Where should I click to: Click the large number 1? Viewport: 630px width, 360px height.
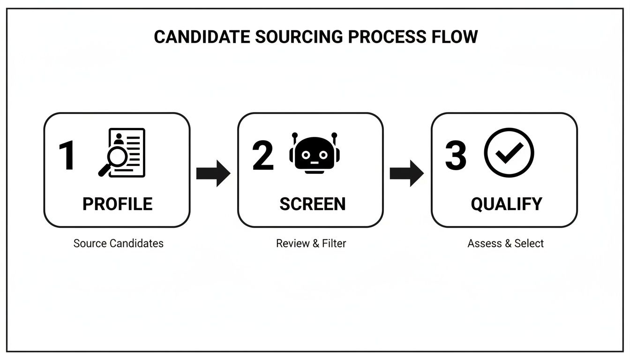(x=67, y=156)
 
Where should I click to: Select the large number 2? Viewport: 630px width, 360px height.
(x=262, y=156)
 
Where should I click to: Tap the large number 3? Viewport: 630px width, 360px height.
(x=456, y=156)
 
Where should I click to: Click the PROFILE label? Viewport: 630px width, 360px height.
(x=117, y=204)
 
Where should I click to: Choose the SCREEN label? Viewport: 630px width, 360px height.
(x=312, y=204)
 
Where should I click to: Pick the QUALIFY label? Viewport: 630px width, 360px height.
(x=506, y=204)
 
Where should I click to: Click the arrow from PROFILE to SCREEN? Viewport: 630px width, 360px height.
(x=213, y=173)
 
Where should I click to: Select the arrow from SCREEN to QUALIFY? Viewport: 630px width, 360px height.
(x=406, y=173)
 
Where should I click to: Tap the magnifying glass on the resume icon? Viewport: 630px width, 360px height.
(x=112, y=159)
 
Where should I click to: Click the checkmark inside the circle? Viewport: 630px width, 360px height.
(x=510, y=152)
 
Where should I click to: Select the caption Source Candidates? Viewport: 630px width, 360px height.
(x=118, y=243)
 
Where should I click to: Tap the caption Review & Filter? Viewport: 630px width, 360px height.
(x=311, y=243)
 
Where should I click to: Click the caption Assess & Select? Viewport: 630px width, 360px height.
(x=505, y=243)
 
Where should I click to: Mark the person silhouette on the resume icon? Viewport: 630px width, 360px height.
(x=118, y=139)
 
